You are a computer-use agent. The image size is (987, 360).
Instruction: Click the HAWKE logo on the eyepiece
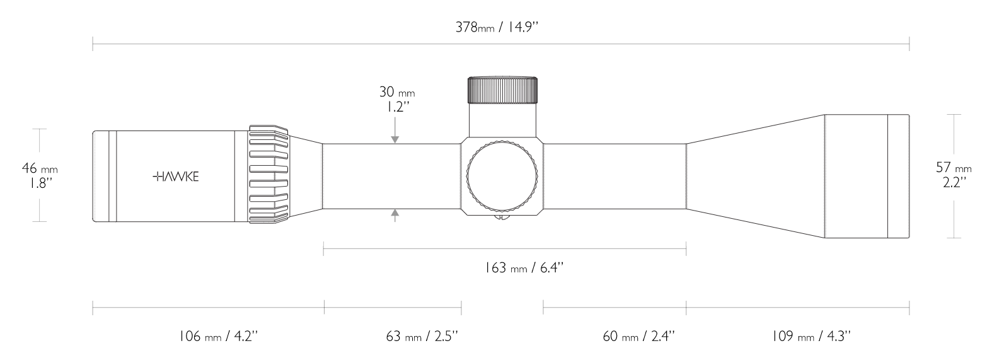(x=176, y=177)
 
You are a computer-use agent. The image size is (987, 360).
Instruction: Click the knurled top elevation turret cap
(x=502, y=90)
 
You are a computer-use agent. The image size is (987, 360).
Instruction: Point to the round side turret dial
(x=502, y=177)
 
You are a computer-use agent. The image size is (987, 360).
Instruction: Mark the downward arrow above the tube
(x=395, y=137)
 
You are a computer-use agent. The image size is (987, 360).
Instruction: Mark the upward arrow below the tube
(x=395, y=215)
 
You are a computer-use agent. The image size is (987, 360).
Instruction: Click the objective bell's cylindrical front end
(x=867, y=177)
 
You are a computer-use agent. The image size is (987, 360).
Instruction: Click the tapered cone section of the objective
(x=756, y=177)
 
